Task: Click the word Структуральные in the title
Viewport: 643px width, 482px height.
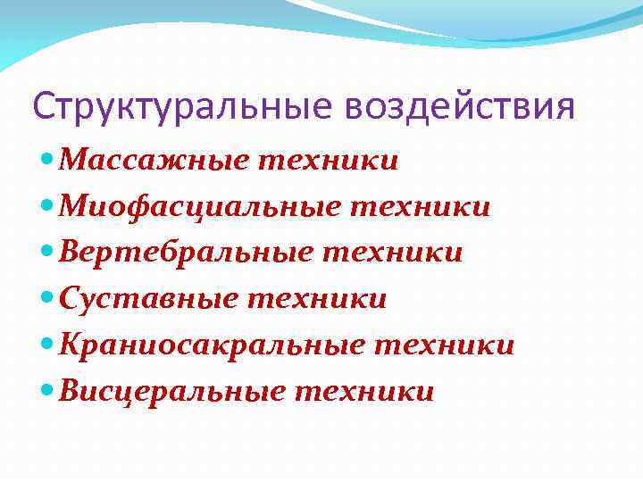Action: [x=182, y=108]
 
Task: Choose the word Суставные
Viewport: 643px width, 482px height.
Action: [x=147, y=298]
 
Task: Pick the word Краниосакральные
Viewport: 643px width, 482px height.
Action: [x=212, y=345]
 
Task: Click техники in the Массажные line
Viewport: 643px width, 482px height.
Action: [x=328, y=162]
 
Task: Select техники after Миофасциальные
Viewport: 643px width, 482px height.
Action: [x=420, y=207]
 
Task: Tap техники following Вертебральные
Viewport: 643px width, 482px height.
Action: [x=393, y=253]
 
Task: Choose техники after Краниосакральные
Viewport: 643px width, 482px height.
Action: [x=444, y=345]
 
